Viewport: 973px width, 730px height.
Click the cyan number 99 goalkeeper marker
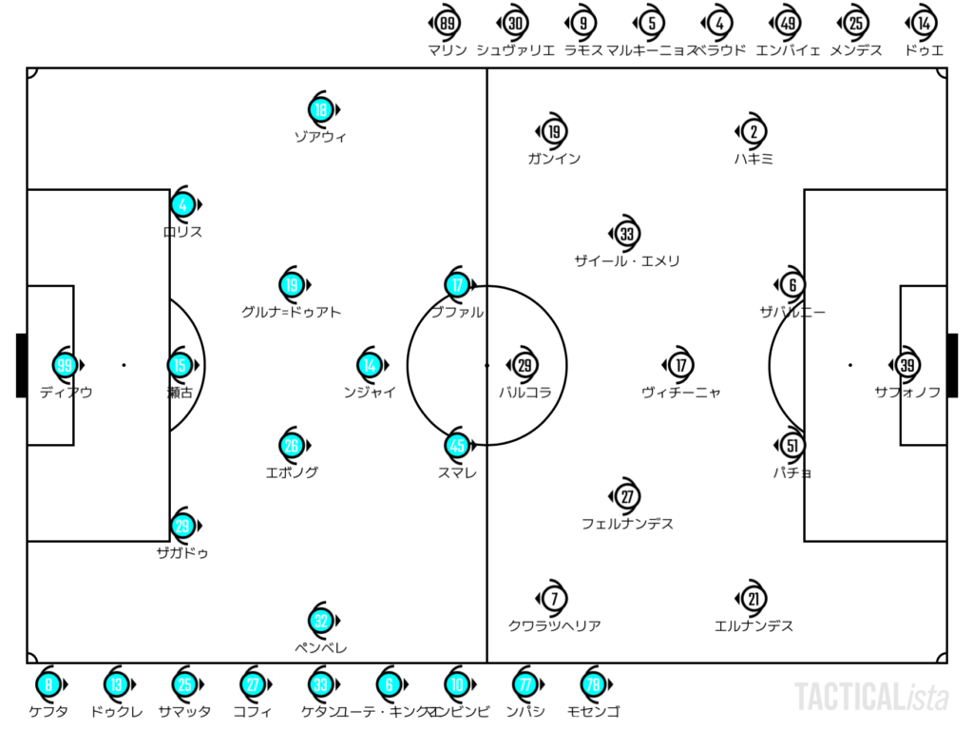(x=65, y=365)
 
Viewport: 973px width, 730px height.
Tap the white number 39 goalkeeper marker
(x=906, y=365)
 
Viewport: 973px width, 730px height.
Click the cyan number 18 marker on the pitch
(x=321, y=110)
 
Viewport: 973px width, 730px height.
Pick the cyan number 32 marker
(x=321, y=622)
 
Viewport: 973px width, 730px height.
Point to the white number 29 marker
(x=525, y=365)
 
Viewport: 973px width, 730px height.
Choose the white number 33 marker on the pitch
(x=626, y=234)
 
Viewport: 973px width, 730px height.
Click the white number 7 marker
(x=554, y=599)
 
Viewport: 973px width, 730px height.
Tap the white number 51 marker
(x=792, y=445)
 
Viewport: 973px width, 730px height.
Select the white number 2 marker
(x=754, y=133)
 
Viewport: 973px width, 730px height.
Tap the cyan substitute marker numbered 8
(x=48, y=684)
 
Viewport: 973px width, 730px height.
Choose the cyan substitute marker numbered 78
(x=593, y=684)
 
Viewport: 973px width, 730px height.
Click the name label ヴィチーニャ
(x=680, y=392)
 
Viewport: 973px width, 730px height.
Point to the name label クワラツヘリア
(x=555, y=625)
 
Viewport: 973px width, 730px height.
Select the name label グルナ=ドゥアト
(x=291, y=312)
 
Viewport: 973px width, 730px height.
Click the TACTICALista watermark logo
(x=871, y=697)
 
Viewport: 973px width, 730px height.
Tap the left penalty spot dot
(x=124, y=365)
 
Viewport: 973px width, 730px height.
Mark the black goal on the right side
(x=952, y=365)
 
